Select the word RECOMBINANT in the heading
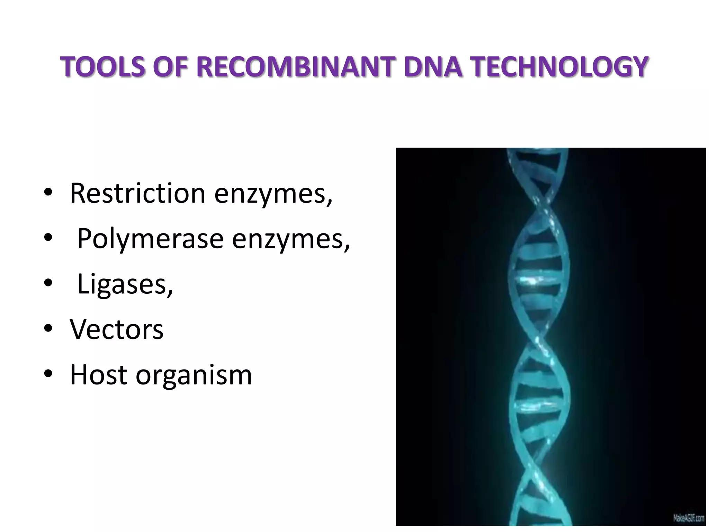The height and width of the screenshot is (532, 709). [x=296, y=67]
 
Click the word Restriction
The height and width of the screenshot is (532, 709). [x=137, y=193]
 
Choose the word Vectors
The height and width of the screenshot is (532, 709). [x=117, y=329]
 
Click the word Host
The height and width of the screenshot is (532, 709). [x=98, y=375]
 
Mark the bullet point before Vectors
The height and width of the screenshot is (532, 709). [x=48, y=329]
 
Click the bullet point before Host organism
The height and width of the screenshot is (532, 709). [x=48, y=375]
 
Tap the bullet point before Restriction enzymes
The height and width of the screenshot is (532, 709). [x=48, y=193]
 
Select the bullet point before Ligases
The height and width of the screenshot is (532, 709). [x=48, y=284]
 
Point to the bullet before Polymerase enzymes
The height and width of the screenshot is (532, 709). [x=48, y=239]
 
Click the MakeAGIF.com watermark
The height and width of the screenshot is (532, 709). [x=688, y=518]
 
